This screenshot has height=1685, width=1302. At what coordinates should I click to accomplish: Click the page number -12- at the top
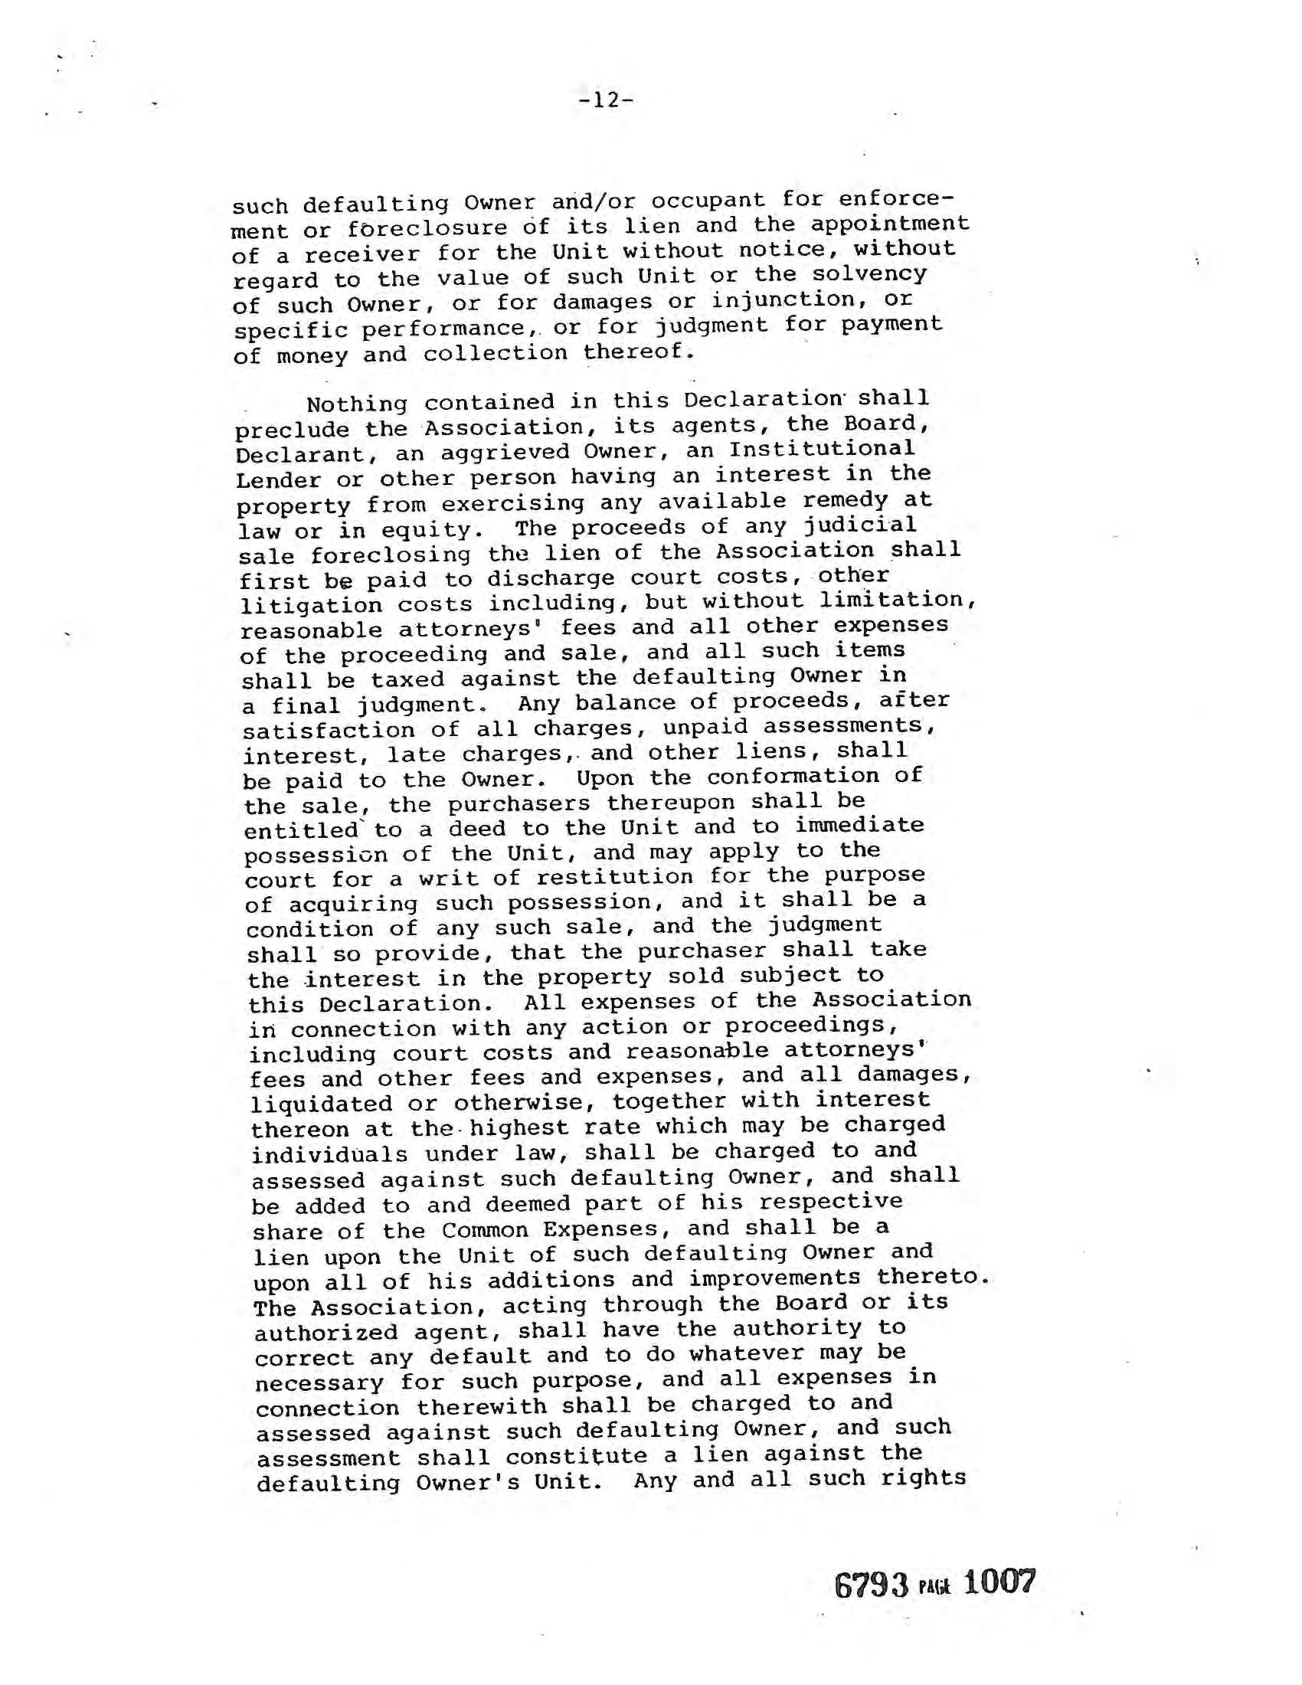tap(607, 100)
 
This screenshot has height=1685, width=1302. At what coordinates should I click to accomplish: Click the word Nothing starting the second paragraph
tap(356, 404)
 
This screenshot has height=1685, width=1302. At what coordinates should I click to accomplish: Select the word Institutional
tap(822, 448)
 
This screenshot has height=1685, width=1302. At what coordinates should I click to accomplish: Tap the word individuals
tap(329, 1154)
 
